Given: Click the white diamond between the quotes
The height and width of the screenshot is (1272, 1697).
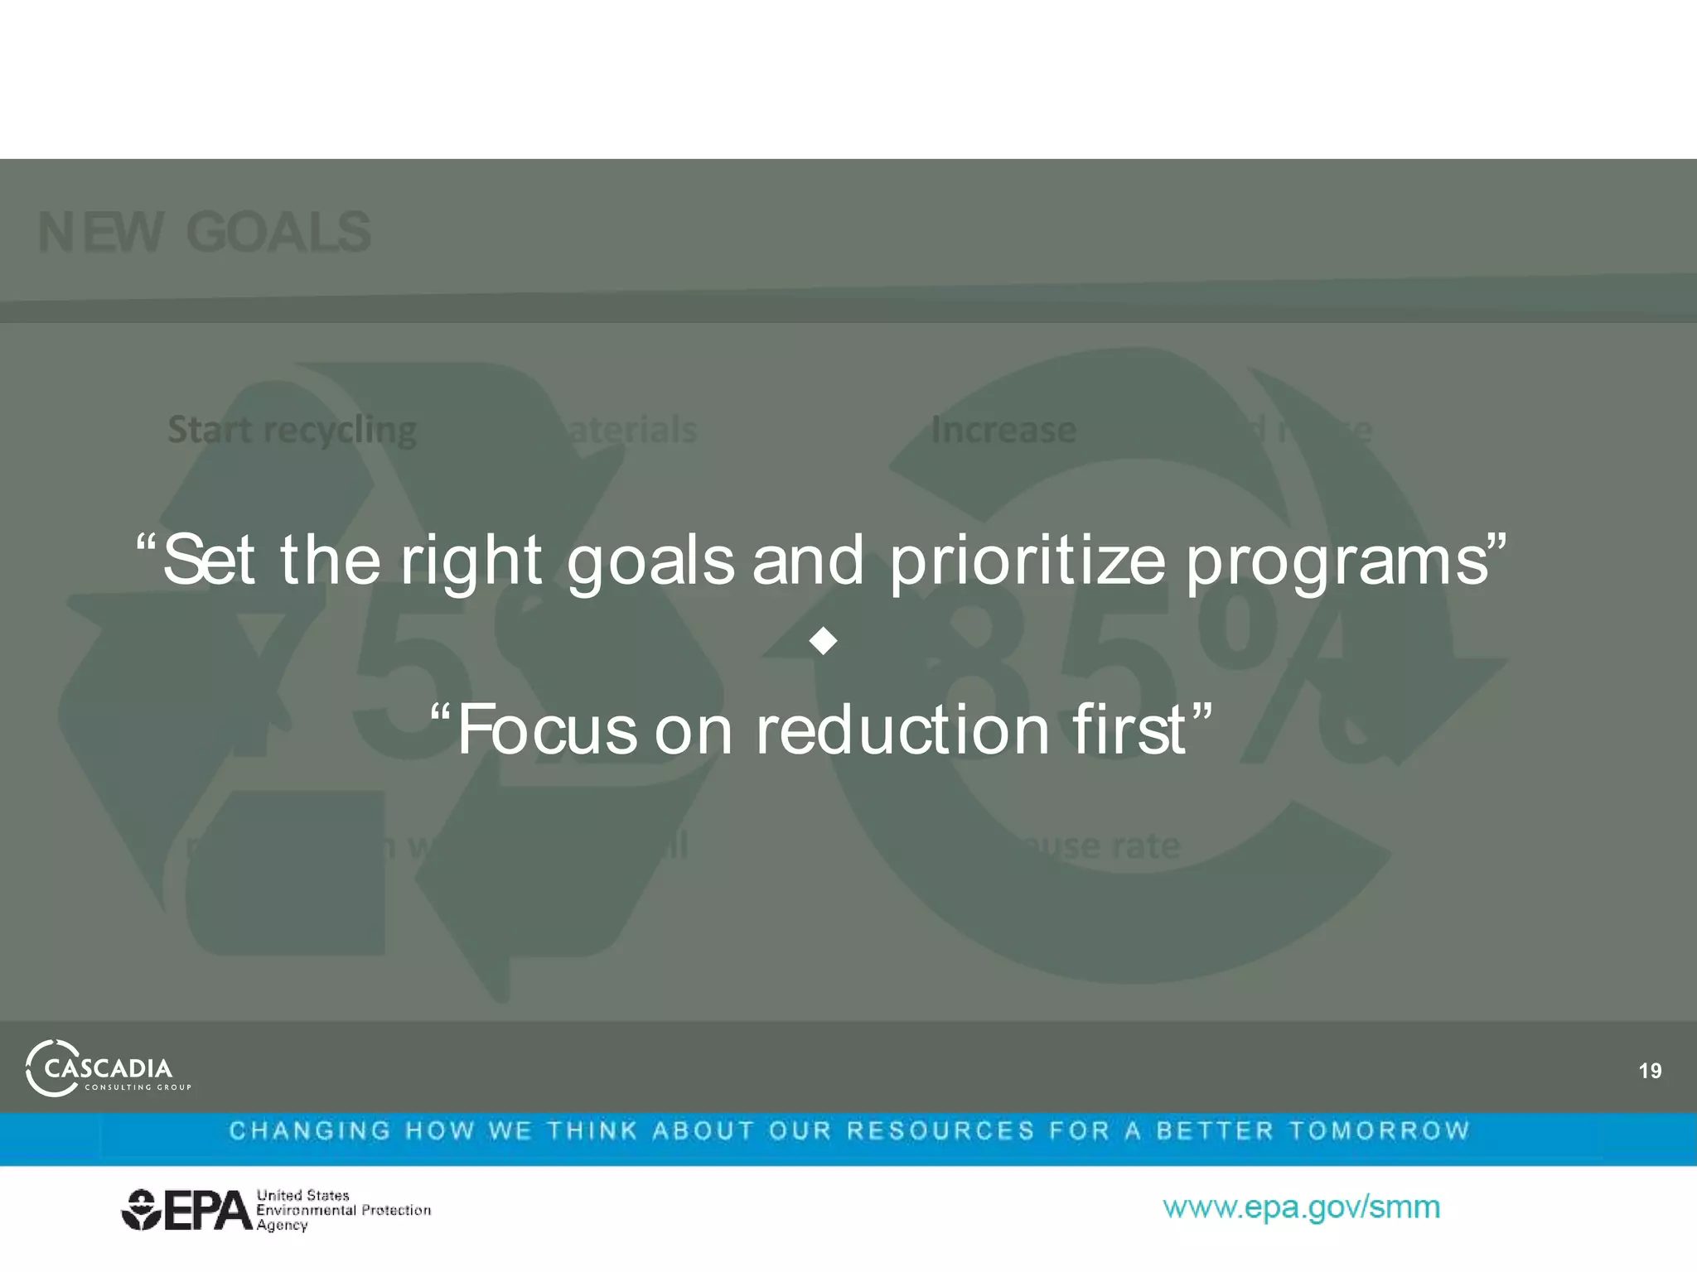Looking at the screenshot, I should click(823, 640).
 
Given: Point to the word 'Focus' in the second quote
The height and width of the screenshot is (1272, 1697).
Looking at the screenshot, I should click(547, 730).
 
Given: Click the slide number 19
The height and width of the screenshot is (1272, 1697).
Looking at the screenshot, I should click(1649, 1071).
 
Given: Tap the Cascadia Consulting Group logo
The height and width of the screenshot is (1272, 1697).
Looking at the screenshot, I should click(108, 1068).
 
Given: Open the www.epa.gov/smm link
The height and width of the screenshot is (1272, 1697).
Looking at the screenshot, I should click(1301, 1207).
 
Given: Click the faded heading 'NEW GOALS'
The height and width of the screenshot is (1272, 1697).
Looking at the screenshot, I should click(205, 233).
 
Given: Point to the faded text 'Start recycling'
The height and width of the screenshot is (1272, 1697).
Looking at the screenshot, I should click(292, 430).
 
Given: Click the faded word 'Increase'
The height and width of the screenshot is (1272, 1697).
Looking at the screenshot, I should click(1003, 430).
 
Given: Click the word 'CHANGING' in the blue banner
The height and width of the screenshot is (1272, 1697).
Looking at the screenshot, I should click(310, 1130).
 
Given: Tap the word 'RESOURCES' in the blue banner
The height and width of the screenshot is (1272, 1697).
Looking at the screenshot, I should click(940, 1130).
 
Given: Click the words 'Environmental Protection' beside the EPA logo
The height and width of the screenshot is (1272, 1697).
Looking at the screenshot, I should click(343, 1210).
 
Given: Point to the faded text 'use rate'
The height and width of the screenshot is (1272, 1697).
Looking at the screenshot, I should click(1102, 846).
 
